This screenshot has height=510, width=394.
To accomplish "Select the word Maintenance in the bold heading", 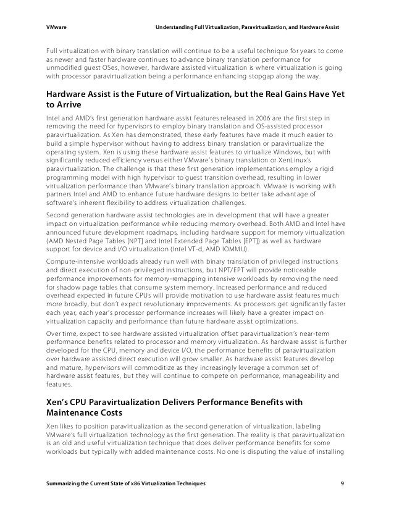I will pyautogui.click(x=73, y=414).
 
